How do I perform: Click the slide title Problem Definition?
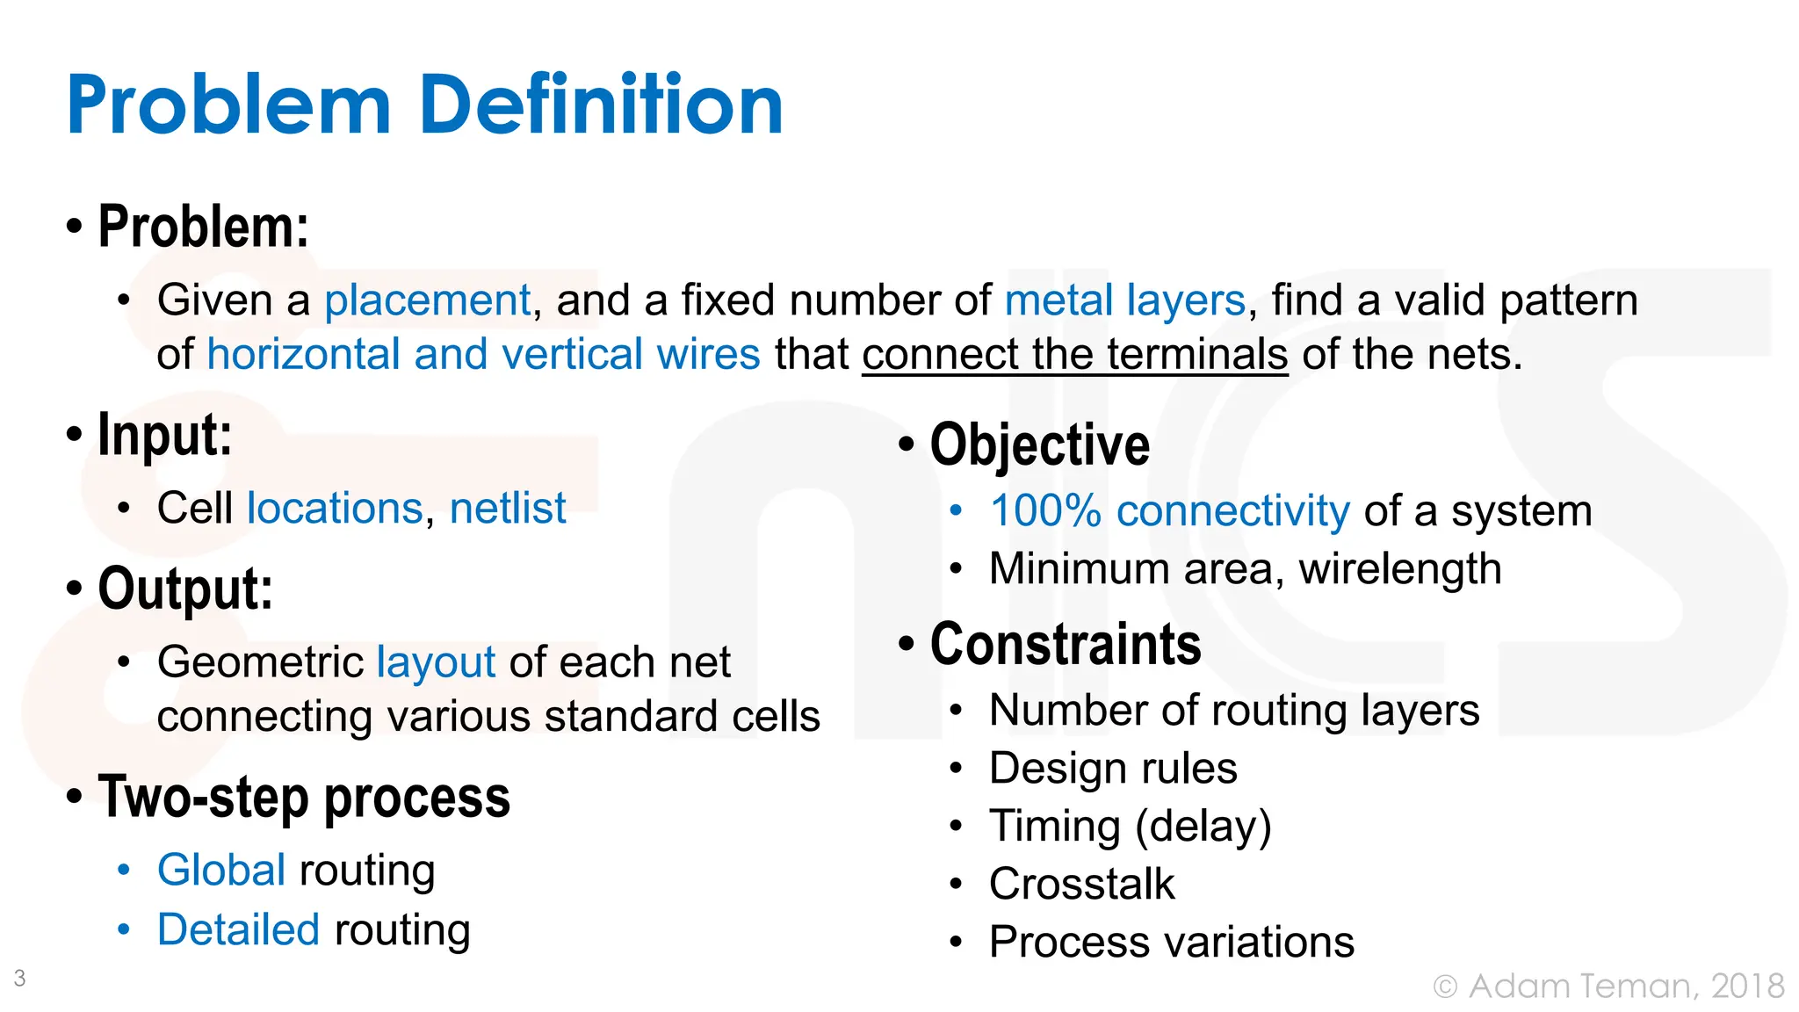424,105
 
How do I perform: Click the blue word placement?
427,300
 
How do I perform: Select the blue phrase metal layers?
1124,300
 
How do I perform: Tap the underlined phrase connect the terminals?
1074,355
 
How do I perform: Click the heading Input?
164,435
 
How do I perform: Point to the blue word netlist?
508,509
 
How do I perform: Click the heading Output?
184,589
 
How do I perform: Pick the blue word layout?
436,662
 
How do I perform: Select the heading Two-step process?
303,798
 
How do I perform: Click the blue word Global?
221,871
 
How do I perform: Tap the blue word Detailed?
238,930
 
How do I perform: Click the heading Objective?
1039,445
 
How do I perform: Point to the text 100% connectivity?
1169,511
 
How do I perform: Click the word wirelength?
1400,569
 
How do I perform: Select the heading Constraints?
1065,645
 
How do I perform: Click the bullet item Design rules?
1113,769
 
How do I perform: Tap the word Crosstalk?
1081,885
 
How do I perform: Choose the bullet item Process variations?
1171,943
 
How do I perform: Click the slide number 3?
20,978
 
